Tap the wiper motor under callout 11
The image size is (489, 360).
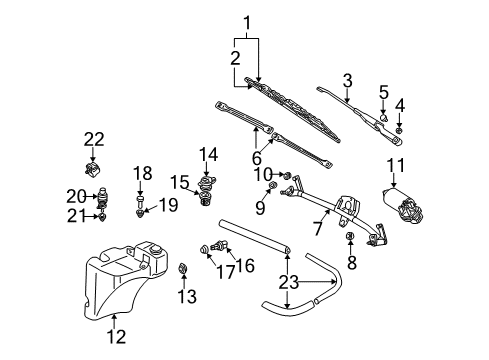pos(402,204)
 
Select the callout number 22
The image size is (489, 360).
pos(94,140)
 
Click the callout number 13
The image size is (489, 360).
pos(187,296)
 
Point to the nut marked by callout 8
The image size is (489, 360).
pos(350,236)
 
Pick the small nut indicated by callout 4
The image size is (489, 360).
pos(399,130)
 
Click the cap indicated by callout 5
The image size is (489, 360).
pos(384,118)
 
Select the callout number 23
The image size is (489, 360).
pos(288,282)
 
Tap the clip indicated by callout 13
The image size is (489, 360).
pos(183,268)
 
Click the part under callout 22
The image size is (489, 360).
pos(93,169)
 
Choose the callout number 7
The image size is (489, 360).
pos(318,229)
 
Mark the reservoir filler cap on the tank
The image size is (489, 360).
pos(155,250)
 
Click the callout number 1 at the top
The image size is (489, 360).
pos(247,23)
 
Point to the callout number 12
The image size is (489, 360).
pos(117,337)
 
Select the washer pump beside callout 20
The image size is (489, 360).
pos(103,198)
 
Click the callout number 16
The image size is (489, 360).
pos(245,266)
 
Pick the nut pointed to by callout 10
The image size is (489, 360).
pos(287,175)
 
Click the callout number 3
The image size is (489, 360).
pos(347,81)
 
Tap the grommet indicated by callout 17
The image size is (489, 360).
pos(204,249)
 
